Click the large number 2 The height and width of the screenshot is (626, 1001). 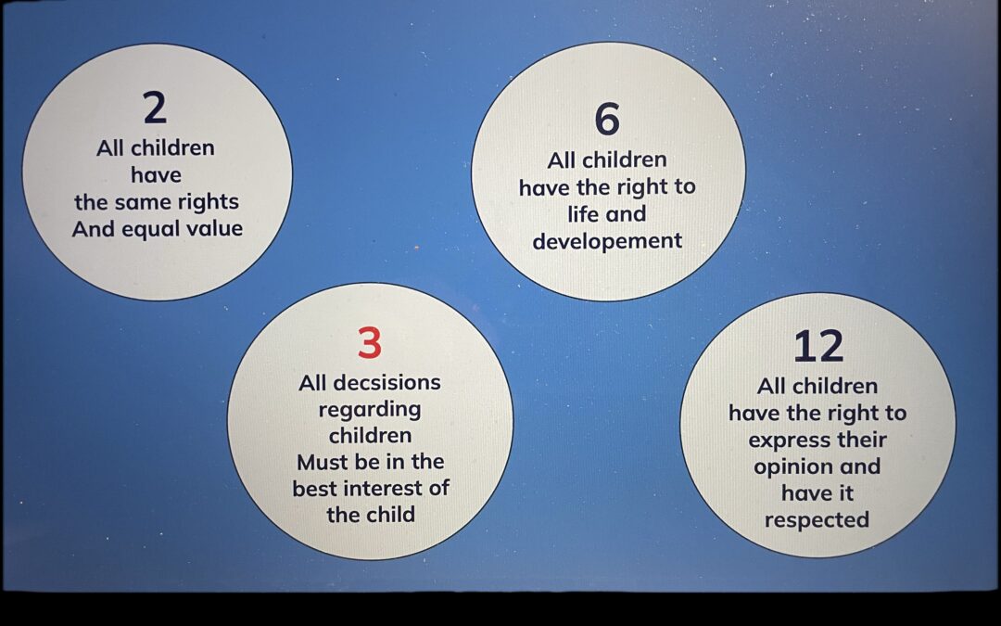point(155,108)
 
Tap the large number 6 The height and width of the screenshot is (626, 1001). point(607,119)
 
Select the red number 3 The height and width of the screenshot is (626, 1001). point(370,343)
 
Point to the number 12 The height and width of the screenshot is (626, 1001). point(818,346)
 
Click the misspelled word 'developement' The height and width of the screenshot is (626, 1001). point(607,242)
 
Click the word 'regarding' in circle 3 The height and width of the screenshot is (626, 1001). point(370,410)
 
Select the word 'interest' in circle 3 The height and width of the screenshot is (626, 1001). point(384,488)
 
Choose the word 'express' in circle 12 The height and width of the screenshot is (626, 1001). point(788,441)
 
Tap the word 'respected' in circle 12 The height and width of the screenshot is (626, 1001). point(817,520)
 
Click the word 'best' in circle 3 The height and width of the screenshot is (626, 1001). point(315,488)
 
